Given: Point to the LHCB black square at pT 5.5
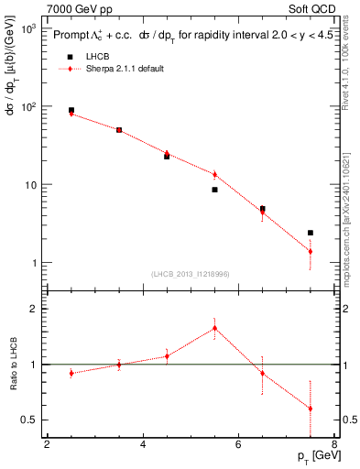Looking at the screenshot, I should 214,190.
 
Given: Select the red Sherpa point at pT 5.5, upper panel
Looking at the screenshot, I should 214,174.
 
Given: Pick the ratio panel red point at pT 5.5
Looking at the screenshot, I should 214,328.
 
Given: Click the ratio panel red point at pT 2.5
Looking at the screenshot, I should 71,373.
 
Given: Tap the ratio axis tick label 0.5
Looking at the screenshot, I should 32,420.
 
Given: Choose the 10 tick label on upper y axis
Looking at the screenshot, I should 30,185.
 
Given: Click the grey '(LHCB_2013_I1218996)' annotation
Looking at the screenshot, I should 191,273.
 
